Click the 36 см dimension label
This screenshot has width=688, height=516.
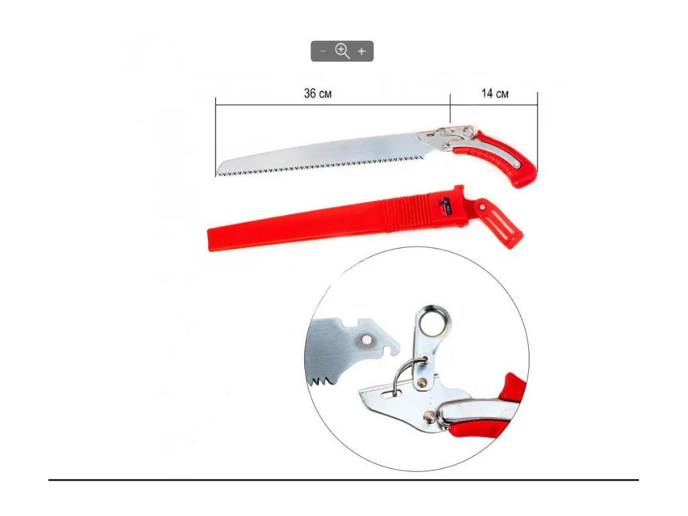[318, 93]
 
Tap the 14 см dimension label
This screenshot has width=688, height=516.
[495, 93]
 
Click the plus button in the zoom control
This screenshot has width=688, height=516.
[361, 51]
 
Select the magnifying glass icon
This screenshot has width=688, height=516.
[342, 51]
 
